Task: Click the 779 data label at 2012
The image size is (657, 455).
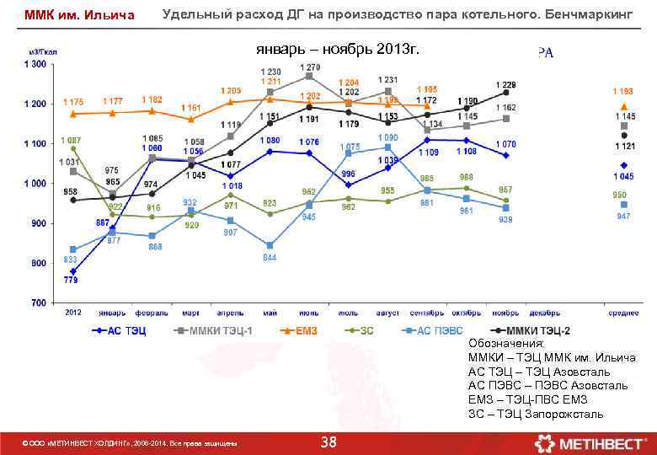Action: tap(71, 279)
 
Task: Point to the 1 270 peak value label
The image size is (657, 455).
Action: tap(309, 67)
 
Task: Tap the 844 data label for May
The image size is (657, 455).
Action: tap(270, 257)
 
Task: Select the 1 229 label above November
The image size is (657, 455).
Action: tap(506, 84)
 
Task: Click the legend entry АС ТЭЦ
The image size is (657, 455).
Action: tap(119, 331)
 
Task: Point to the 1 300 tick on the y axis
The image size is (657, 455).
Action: tap(36, 65)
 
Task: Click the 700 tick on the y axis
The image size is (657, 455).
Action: tap(40, 302)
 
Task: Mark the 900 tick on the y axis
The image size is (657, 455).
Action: tap(40, 223)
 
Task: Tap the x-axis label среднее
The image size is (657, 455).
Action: tap(623, 313)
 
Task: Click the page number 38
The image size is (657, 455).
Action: tap(328, 442)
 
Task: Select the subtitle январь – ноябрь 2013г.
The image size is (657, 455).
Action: tap(337, 50)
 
